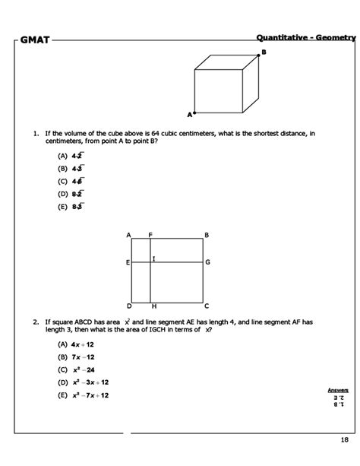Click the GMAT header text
35,39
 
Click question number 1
35,134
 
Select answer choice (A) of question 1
71,155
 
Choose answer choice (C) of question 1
71,181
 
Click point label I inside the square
154,259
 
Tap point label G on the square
207,262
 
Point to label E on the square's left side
128,262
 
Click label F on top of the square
150,234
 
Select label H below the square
154,306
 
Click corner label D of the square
128,306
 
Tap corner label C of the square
207,306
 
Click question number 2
35,322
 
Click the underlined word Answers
337,389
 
